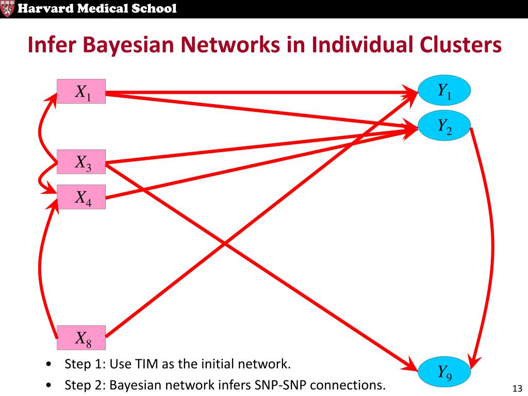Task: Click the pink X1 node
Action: pos(81,92)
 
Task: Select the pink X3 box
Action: pos(81,162)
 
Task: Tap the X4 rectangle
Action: pos(81,197)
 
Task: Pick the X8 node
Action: pos(81,338)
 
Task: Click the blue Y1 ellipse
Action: pos(444,91)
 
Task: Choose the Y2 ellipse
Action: pos(444,126)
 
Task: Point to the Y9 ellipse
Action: pos(444,371)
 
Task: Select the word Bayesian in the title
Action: pos(132,45)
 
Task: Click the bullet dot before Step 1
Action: pos(48,365)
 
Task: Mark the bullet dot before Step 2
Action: pos(48,385)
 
